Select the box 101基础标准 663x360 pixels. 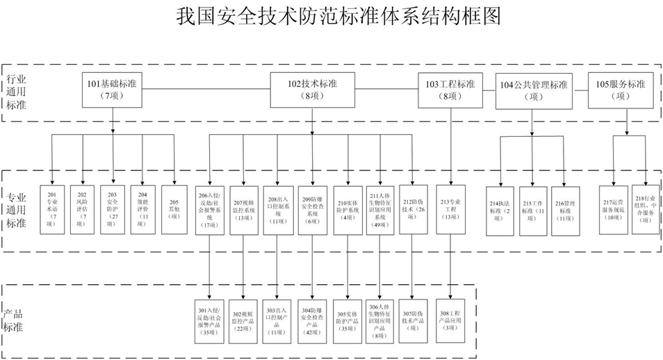[x=112, y=90]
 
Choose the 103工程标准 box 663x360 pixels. [x=450, y=90]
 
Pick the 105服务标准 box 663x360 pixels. [x=621, y=90]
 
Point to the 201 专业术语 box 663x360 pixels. [x=53, y=209]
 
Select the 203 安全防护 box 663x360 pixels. [x=113, y=209]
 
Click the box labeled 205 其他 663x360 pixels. [x=174, y=209]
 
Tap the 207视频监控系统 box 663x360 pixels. [x=244, y=209]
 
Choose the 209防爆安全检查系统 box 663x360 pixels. [x=312, y=209]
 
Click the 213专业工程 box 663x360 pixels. [x=450, y=209]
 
